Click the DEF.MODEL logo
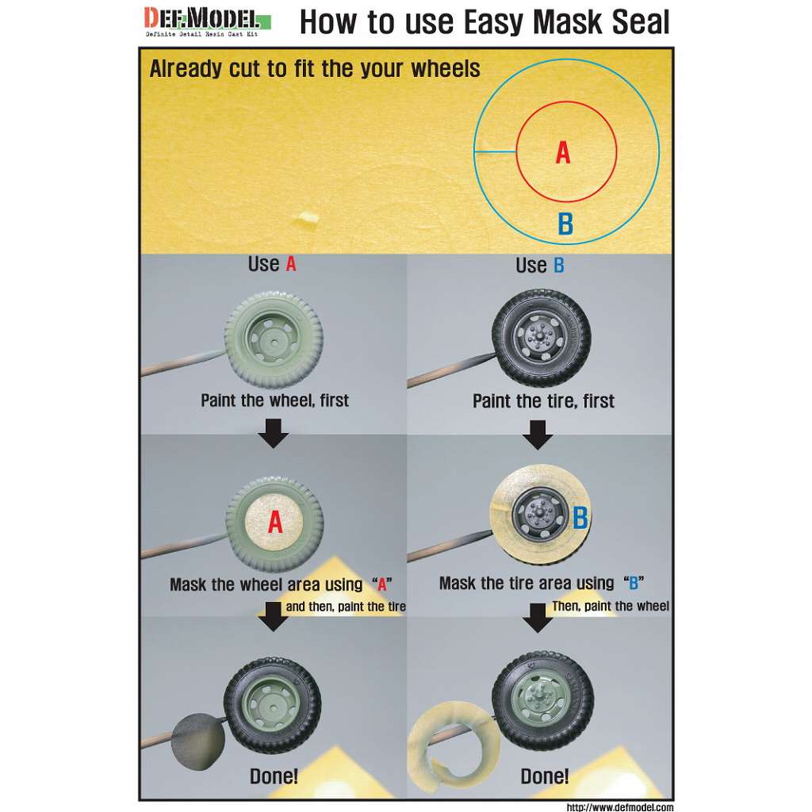[x=207, y=21]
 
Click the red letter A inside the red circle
[x=563, y=153]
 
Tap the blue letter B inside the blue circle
[x=565, y=224]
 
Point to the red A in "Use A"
[x=291, y=264]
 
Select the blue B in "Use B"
[x=559, y=265]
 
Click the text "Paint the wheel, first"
[x=274, y=400]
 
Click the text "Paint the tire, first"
[x=543, y=400]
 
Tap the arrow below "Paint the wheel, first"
[x=274, y=433]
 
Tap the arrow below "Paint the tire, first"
[x=538, y=434]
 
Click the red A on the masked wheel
[x=275, y=522]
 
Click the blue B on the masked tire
[x=580, y=517]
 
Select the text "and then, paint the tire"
[x=346, y=607]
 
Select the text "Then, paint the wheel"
[x=610, y=606]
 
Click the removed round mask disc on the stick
[x=198, y=741]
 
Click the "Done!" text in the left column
[x=274, y=776]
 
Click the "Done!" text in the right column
[x=544, y=776]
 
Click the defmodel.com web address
[x=620, y=806]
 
